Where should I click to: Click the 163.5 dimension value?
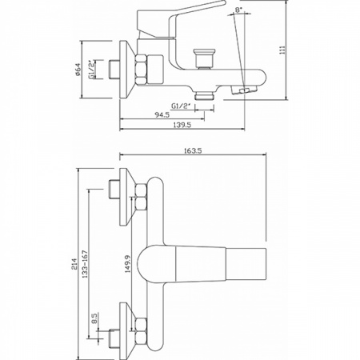click(193, 150)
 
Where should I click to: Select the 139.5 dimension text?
click(182, 125)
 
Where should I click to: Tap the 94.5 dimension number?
click(162, 114)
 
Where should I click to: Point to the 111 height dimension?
click(282, 50)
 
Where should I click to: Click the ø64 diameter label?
click(78, 70)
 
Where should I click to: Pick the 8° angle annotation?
click(238, 10)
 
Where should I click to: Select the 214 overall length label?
click(74, 264)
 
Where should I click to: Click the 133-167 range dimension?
click(85, 264)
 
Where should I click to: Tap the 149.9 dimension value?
click(128, 264)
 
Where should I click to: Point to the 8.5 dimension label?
click(95, 318)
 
